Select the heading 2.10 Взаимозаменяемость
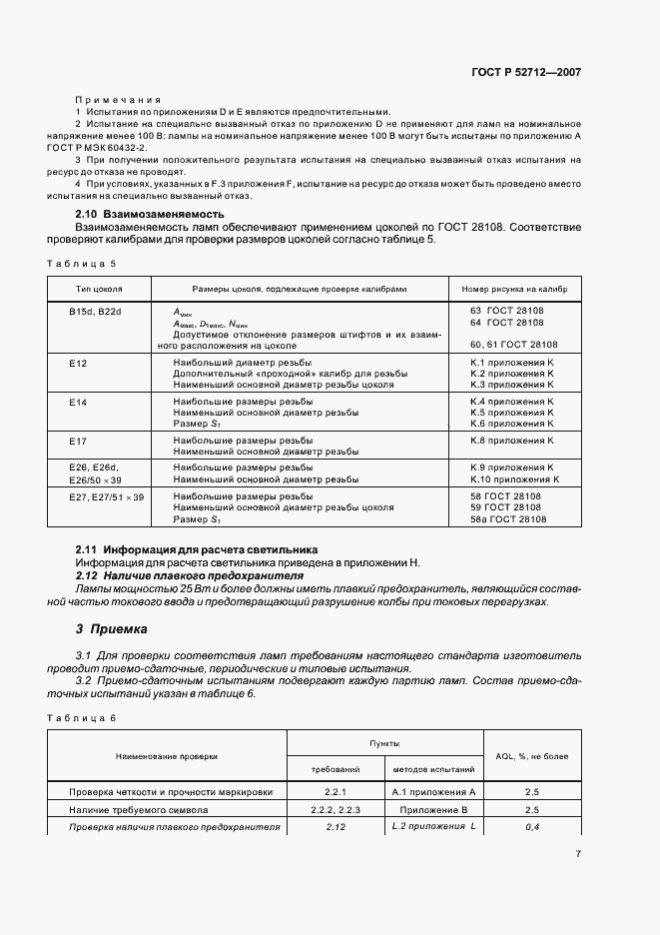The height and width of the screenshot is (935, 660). tap(150, 214)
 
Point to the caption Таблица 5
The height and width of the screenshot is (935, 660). tap(82, 263)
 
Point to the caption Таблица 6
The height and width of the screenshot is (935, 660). tap(82, 718)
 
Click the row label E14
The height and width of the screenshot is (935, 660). tap(78, 402)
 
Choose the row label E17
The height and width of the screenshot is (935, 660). tap(78, 441)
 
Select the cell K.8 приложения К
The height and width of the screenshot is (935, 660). tap(511, 441)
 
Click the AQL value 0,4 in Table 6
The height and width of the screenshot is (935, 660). tap(531, 827)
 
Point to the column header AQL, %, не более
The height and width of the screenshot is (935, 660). tap(531, 756)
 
